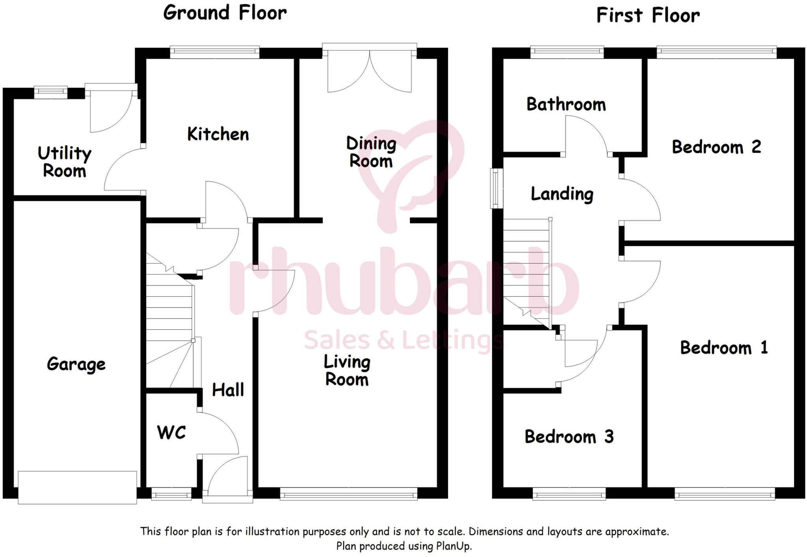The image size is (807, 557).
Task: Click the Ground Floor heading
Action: pyautogui.click(x=225, y=13)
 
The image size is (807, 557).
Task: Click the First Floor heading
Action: pyautogui.click(x=648, y=16)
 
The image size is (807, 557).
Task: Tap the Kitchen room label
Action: pyautogui.click(x=218, y=134)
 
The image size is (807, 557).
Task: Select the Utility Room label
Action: pyautogui.click(x=64, y=162)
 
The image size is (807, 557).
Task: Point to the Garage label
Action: pyautogui.click(x=76, y=364)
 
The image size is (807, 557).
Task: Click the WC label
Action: pyautogui.click(x=171, y=433)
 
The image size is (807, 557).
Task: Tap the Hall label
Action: pyautogui.click(x=228, y=390)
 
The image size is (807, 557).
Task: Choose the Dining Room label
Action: pyautogui.click(x=371, y=152)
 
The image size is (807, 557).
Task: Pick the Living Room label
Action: pyautogui.click(x=347, y=371)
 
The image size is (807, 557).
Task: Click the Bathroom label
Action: pyautogui.click(x=566, y=104)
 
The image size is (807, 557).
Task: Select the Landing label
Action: pyautogui.click(x=562, y=194)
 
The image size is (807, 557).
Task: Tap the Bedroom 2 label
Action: pyautogui.click(x=716, y=147)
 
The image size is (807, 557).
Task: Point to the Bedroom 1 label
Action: pyautogui.click(x=723, y=348)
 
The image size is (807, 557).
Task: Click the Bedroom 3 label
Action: pyautogui.click(x=569, y=436)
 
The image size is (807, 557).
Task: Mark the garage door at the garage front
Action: pyautogui.click(x=77, y=487)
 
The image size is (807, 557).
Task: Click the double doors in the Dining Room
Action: pyautogui.click(x=369, y=71)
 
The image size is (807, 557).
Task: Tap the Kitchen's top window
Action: pyautogui.click(x=215, y=52)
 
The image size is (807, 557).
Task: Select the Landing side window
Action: pyautogui.click(x=496, y=188)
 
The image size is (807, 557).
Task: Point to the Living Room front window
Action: pyautogui.click(x=348, y=494)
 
